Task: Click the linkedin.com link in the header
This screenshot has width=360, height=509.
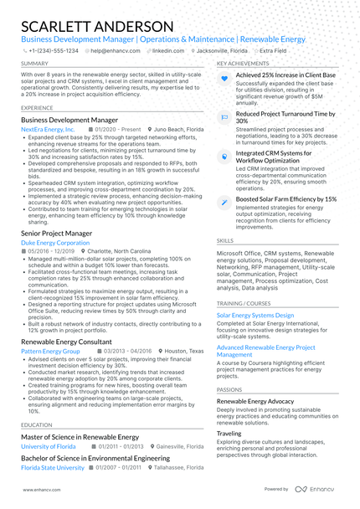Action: point(168,50)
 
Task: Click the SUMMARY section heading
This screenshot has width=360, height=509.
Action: point(34,64)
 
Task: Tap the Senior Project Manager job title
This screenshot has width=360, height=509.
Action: point(56,233)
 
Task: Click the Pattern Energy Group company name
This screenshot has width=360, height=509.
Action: point(50,352)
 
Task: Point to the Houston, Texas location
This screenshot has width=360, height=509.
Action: point(183,352)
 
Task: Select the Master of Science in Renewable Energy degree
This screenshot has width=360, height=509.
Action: point(80,437)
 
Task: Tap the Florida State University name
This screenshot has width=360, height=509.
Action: point(53,468)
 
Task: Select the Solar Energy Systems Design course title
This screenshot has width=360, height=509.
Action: point(255,316)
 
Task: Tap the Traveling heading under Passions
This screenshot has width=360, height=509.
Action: point(229,434)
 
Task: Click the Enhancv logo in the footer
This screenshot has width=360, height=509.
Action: point(315,489)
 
